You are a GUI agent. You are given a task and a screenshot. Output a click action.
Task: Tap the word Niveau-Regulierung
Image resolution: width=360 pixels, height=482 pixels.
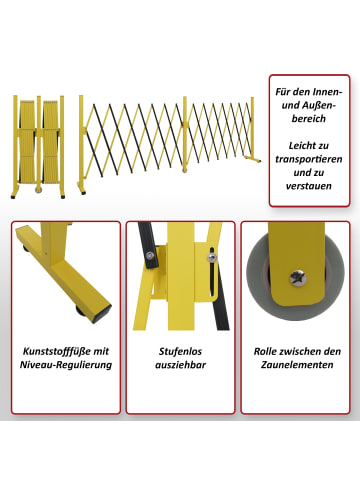66,365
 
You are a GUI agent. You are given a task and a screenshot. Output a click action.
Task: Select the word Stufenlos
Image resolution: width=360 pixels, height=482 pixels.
180,351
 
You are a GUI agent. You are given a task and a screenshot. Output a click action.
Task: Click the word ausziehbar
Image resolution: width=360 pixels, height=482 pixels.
180,365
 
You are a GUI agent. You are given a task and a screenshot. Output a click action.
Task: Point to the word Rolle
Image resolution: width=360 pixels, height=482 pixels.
266,351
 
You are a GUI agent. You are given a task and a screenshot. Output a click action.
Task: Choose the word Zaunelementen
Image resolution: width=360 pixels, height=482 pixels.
297,365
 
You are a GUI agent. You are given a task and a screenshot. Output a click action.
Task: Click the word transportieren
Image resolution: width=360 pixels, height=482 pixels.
309,159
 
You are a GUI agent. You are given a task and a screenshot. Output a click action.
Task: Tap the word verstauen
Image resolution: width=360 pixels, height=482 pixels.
309,186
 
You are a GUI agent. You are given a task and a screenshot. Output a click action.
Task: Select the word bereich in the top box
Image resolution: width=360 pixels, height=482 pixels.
309,119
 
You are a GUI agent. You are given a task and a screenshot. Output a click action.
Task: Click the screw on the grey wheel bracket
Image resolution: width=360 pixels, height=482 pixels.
298,278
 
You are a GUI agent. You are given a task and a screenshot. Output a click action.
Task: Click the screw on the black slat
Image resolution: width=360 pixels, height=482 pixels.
150,255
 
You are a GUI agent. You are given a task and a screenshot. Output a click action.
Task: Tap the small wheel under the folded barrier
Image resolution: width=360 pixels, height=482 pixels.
39,189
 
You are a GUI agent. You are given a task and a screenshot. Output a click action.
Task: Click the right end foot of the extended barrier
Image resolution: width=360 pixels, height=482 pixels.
252,159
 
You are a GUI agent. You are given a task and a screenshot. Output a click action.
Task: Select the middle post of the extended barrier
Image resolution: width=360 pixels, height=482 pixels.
185,134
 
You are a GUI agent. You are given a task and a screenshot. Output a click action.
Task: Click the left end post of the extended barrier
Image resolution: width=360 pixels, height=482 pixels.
81,144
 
